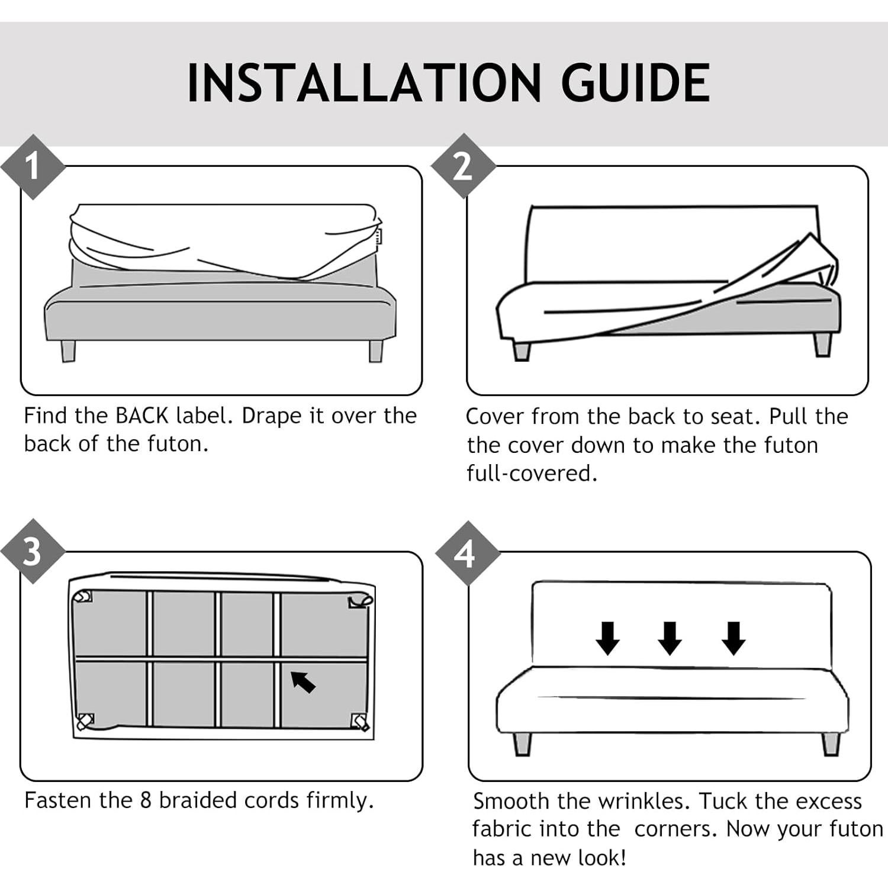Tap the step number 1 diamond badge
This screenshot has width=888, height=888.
point(33,166)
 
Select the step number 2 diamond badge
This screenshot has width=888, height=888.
point(463,166)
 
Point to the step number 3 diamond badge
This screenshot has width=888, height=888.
point(33,551)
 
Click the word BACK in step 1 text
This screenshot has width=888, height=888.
point(142,416)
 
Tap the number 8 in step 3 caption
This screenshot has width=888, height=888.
point(146,800)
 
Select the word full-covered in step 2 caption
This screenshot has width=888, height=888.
point(532,473)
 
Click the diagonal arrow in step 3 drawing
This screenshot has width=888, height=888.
point(303,682)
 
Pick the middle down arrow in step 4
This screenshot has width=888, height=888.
point(670,638)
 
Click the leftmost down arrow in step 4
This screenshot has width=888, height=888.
point(607,638)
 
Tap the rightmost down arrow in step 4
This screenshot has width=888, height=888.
point(734,638)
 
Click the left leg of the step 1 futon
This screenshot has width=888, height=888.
point(68,350)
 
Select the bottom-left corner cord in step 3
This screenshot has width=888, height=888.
point(85,721)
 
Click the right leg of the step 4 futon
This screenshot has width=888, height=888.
point(831,744)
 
